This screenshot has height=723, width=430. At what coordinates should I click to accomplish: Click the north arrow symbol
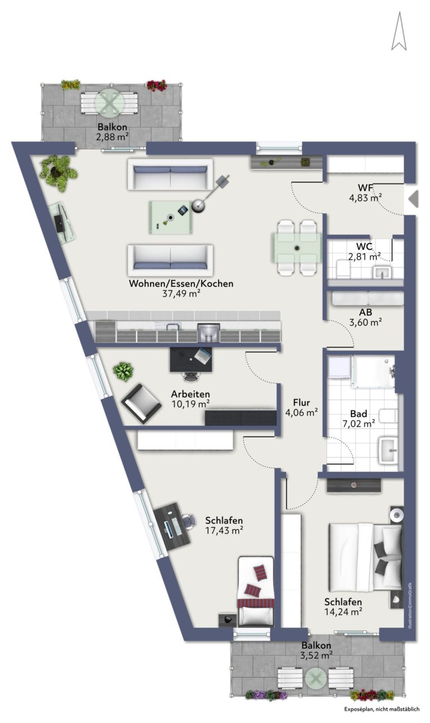[399, 31]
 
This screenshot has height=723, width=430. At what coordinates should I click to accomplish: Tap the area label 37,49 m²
[181, 294]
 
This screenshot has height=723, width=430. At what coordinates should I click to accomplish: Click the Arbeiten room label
[190, 394]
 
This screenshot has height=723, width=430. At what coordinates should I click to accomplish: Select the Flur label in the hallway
[301, 402]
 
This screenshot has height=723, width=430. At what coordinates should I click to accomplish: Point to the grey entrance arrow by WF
[414, 199]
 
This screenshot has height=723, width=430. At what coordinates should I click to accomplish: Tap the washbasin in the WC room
[382, 272]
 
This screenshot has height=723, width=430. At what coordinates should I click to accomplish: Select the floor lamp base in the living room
[198, 206]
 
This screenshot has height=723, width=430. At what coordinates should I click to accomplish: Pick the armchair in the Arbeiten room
[141, 404]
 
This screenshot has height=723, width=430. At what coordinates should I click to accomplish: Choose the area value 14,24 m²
[343, 611]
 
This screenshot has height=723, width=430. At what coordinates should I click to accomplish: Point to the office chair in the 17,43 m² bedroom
[190, 521]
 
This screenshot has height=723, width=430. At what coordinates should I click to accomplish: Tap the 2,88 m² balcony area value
[112, 137]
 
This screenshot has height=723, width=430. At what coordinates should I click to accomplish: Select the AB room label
[366, 312]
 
